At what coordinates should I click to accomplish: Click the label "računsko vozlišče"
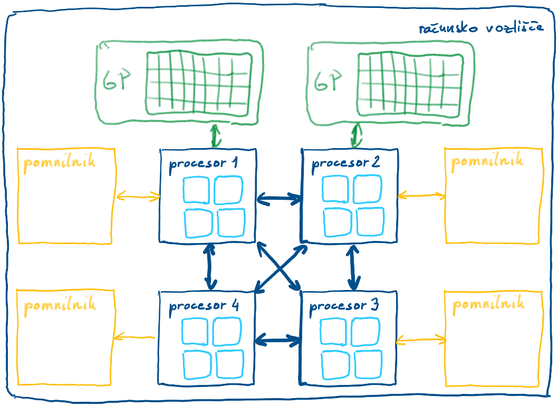[481, 28]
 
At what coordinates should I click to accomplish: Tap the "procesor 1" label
[204, 163]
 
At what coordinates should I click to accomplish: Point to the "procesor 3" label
[344, 305]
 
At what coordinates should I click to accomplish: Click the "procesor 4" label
[204, 306]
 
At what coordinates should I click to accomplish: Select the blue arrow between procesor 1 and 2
[279, 198]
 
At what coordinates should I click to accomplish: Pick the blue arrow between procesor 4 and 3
[278, 339]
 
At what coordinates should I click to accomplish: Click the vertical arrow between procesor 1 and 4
[210, 266]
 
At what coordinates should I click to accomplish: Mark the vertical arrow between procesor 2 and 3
[353, 267]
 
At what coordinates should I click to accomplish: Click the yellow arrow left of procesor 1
[138, 196]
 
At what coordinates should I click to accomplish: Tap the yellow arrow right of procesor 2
[421, 195]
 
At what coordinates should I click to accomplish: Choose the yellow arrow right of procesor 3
[421, 340]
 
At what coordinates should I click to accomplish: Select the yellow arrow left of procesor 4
[134, 336]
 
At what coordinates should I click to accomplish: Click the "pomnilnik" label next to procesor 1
[60, 162]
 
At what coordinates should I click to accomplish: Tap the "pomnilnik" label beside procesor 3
[488, 304]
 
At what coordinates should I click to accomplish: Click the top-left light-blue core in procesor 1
[196, 190]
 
